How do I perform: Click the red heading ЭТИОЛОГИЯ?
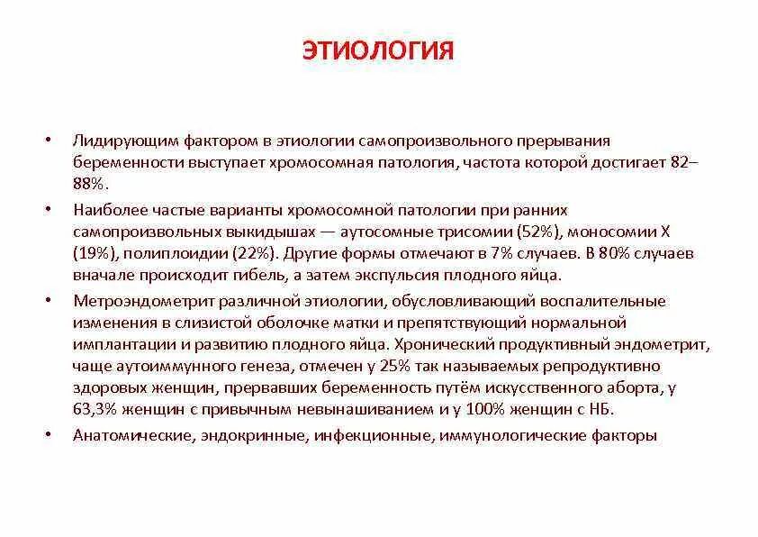click(x=377, y=50)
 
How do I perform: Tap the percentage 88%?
click(x=91, y=184)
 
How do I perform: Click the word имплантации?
click(x=122, y=345)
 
